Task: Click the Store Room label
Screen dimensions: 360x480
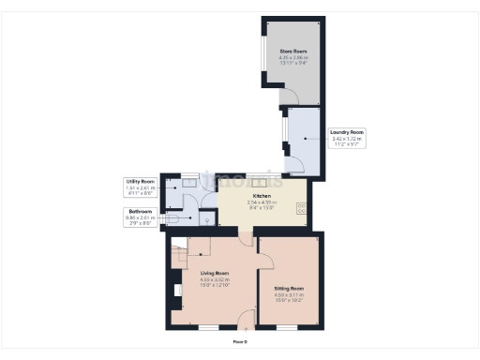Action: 292,51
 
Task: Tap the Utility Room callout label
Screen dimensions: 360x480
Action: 141,185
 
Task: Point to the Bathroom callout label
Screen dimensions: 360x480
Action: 141,216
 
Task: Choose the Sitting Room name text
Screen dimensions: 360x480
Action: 289,288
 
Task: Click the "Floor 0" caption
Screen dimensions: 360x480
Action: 240,342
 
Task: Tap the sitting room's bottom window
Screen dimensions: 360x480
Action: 286,327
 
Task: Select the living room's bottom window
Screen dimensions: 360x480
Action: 204,327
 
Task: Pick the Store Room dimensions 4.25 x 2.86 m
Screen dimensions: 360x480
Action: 292,58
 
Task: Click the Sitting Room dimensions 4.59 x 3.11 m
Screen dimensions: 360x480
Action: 289,295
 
